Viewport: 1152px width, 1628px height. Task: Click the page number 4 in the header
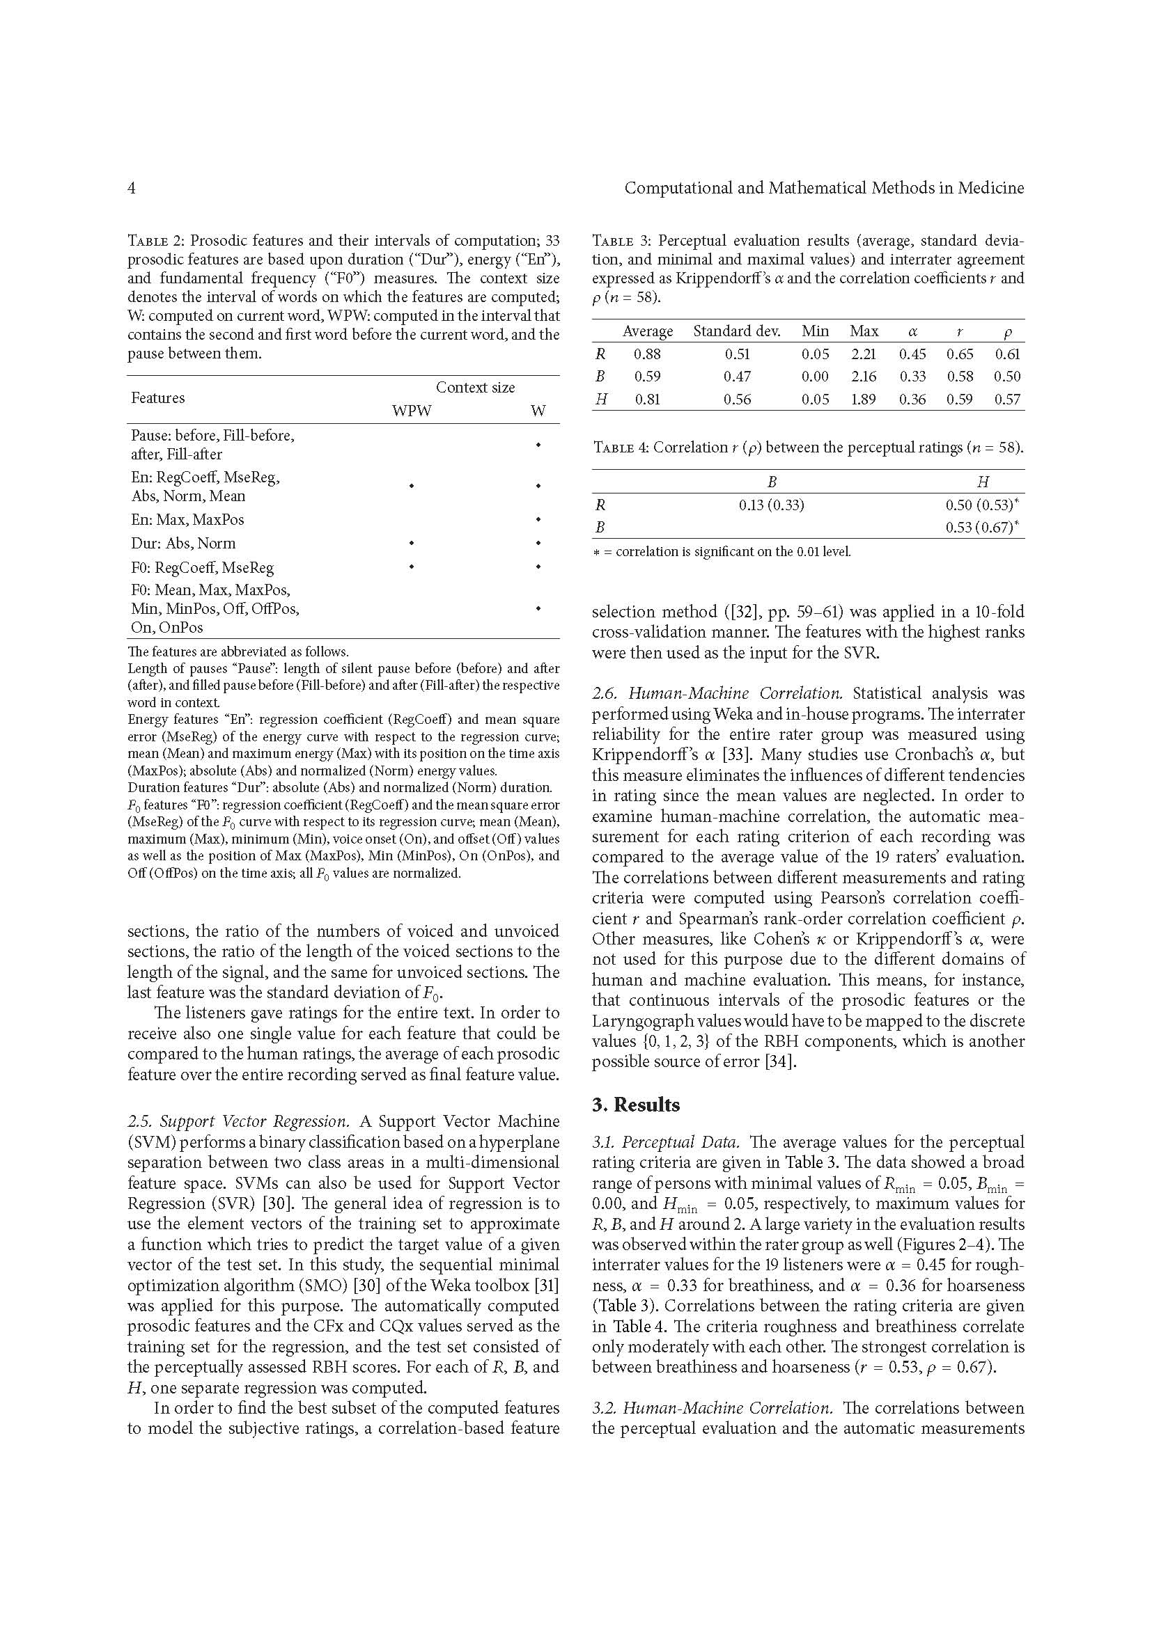click(x=131, y=188)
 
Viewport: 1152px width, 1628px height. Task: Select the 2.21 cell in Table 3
click(x=863, y=354)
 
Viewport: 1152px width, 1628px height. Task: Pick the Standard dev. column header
click(x=736, y=331)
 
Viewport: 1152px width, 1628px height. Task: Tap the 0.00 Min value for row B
click(x=815, y=377)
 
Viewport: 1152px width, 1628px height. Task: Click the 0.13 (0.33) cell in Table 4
click(x=771, y=505)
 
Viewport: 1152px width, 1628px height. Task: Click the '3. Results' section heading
click(x=636, y=1105)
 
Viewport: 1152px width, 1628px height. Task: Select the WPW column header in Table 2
click(x=412, y=411)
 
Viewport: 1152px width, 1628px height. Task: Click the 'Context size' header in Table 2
click(x=475, y=387)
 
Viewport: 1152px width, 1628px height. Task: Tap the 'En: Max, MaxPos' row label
click(x=187, y=520)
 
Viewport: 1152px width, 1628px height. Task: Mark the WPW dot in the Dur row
click(x=412, y=544)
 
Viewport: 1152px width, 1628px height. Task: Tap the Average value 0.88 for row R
click(x=647, y=354)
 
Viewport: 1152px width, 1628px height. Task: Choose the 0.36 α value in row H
click(x=912, y=400)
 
